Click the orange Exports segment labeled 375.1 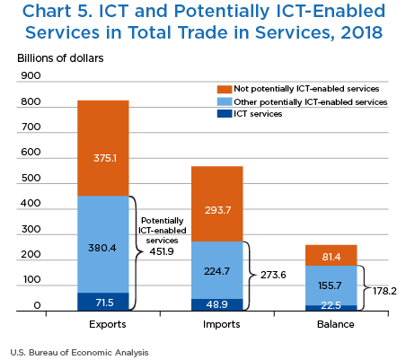[x=103, y=148]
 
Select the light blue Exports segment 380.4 [x=103, y=244]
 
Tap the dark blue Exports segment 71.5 [x=103, y=302]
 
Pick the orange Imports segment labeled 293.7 [x=217, y=204]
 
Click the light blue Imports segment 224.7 [x=217, y=270]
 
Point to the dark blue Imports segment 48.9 [x=217, y=304]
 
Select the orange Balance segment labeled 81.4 [x=331, y=255]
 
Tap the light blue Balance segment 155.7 [x=331, y=285]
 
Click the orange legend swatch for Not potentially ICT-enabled [x=225, y=89]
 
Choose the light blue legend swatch [x=225, y=101]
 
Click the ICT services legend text [x=258, y=114]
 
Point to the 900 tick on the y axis [x=31, y=75]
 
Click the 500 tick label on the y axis [x=31, y=178]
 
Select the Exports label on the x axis [x=108, y=324]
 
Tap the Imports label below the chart [x=222, y=324]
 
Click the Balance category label [x=336, y=324]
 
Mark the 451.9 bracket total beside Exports [x=162, y=251]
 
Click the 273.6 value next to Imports [x=273, y=275]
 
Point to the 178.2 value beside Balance [x=384, y=291]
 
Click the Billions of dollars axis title [x=60, y=58]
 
